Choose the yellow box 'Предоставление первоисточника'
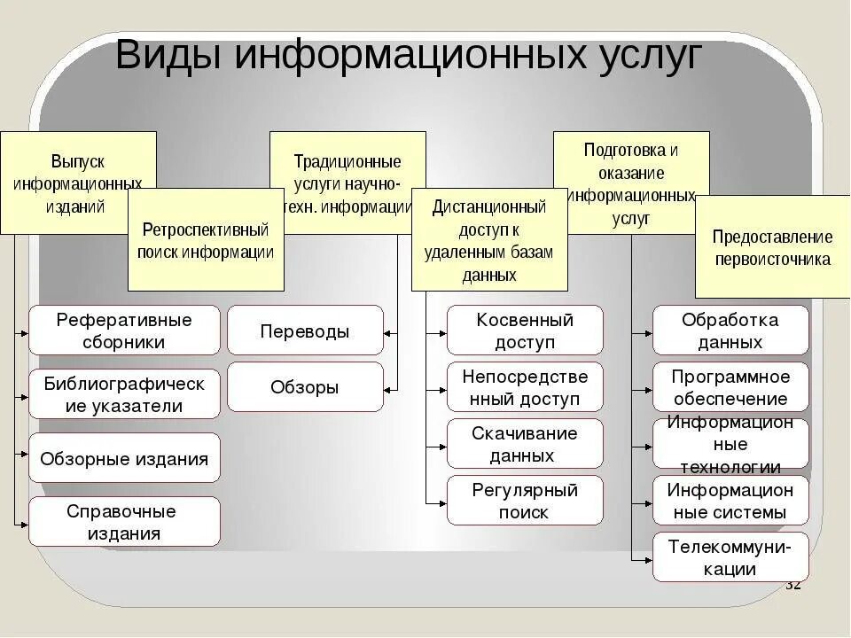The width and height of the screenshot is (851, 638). point(772,248)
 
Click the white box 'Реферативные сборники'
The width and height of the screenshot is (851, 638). point(124,331)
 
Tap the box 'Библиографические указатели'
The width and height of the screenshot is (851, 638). point(124,394)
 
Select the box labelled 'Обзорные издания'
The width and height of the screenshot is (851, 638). point(124,458)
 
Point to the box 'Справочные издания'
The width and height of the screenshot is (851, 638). point(124,522)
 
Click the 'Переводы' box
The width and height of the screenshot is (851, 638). point(305,331)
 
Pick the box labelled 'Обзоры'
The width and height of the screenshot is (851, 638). point(305,387)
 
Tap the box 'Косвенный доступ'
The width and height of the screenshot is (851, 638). point(525,331)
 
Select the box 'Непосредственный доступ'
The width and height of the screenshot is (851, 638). point(525,387)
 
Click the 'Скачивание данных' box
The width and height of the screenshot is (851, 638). point(525,444)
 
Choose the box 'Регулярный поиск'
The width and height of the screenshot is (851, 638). point(525,501)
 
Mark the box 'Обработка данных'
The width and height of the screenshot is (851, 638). point(730,331)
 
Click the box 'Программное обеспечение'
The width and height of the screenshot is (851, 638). point(730,387)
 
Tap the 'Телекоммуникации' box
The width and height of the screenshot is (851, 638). point(730,557)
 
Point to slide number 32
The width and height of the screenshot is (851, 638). point(792,586)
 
